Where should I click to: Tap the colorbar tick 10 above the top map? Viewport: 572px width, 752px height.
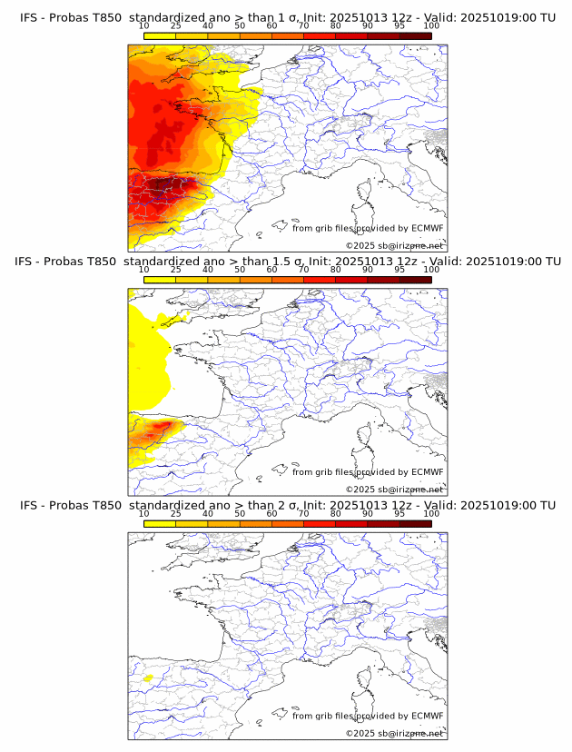[x=144, y=27]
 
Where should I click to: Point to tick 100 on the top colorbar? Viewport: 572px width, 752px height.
[x=431, y=27]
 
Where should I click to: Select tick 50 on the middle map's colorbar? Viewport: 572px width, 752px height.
[x=240, y=270]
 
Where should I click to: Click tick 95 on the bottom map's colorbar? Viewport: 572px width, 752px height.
[x=399, y=514]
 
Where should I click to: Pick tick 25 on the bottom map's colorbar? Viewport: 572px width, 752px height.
[x=175, y=514]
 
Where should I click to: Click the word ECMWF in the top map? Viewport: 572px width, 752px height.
[x=427, y=228]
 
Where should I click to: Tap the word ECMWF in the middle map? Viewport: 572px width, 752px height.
[x=427, y=472]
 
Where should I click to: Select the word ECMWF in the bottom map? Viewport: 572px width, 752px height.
[x=427, y=716]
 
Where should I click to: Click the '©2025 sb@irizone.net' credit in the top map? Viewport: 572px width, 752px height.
[x=394, y=245]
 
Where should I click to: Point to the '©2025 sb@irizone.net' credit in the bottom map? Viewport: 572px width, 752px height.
[x=394, y=733]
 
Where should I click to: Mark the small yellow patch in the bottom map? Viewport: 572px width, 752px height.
[x=146, y=678]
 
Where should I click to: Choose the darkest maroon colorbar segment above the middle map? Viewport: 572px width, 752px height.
[x=415, y=279]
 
